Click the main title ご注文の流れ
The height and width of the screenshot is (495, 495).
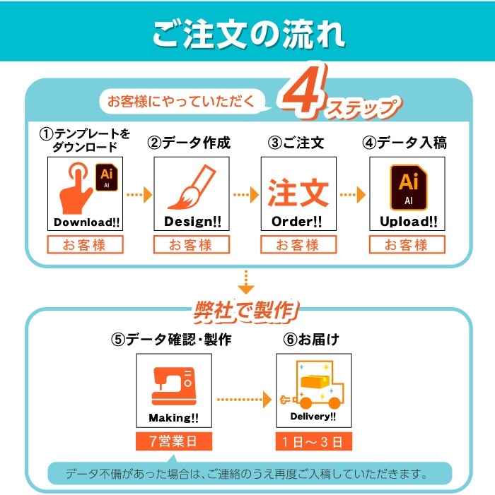(248, 34)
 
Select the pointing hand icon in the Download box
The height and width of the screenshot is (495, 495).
(76, 188)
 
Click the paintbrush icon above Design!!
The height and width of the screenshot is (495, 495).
(192, 187)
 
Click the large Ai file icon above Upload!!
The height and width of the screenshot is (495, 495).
(409, 187)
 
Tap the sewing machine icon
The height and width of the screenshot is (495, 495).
(174, 386)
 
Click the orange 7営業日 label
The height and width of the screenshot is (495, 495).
(174, 441)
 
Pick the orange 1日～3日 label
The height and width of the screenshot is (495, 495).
(313, 441)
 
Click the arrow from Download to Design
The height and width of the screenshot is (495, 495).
(139, 195)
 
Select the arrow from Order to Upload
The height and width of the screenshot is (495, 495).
(353, 195)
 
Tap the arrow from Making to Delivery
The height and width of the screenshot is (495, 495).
(244, 400)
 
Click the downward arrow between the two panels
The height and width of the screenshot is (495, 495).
(246, 282)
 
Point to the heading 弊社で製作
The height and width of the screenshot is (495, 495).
(246, 311)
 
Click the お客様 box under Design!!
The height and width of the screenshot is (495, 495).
(192, 244)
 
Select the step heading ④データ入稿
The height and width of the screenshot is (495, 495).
(404, 143)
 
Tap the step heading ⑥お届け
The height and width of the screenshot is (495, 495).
(311, 340)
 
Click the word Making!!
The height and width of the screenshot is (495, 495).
(173, 418)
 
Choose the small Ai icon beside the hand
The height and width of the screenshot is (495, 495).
(107, 177)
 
